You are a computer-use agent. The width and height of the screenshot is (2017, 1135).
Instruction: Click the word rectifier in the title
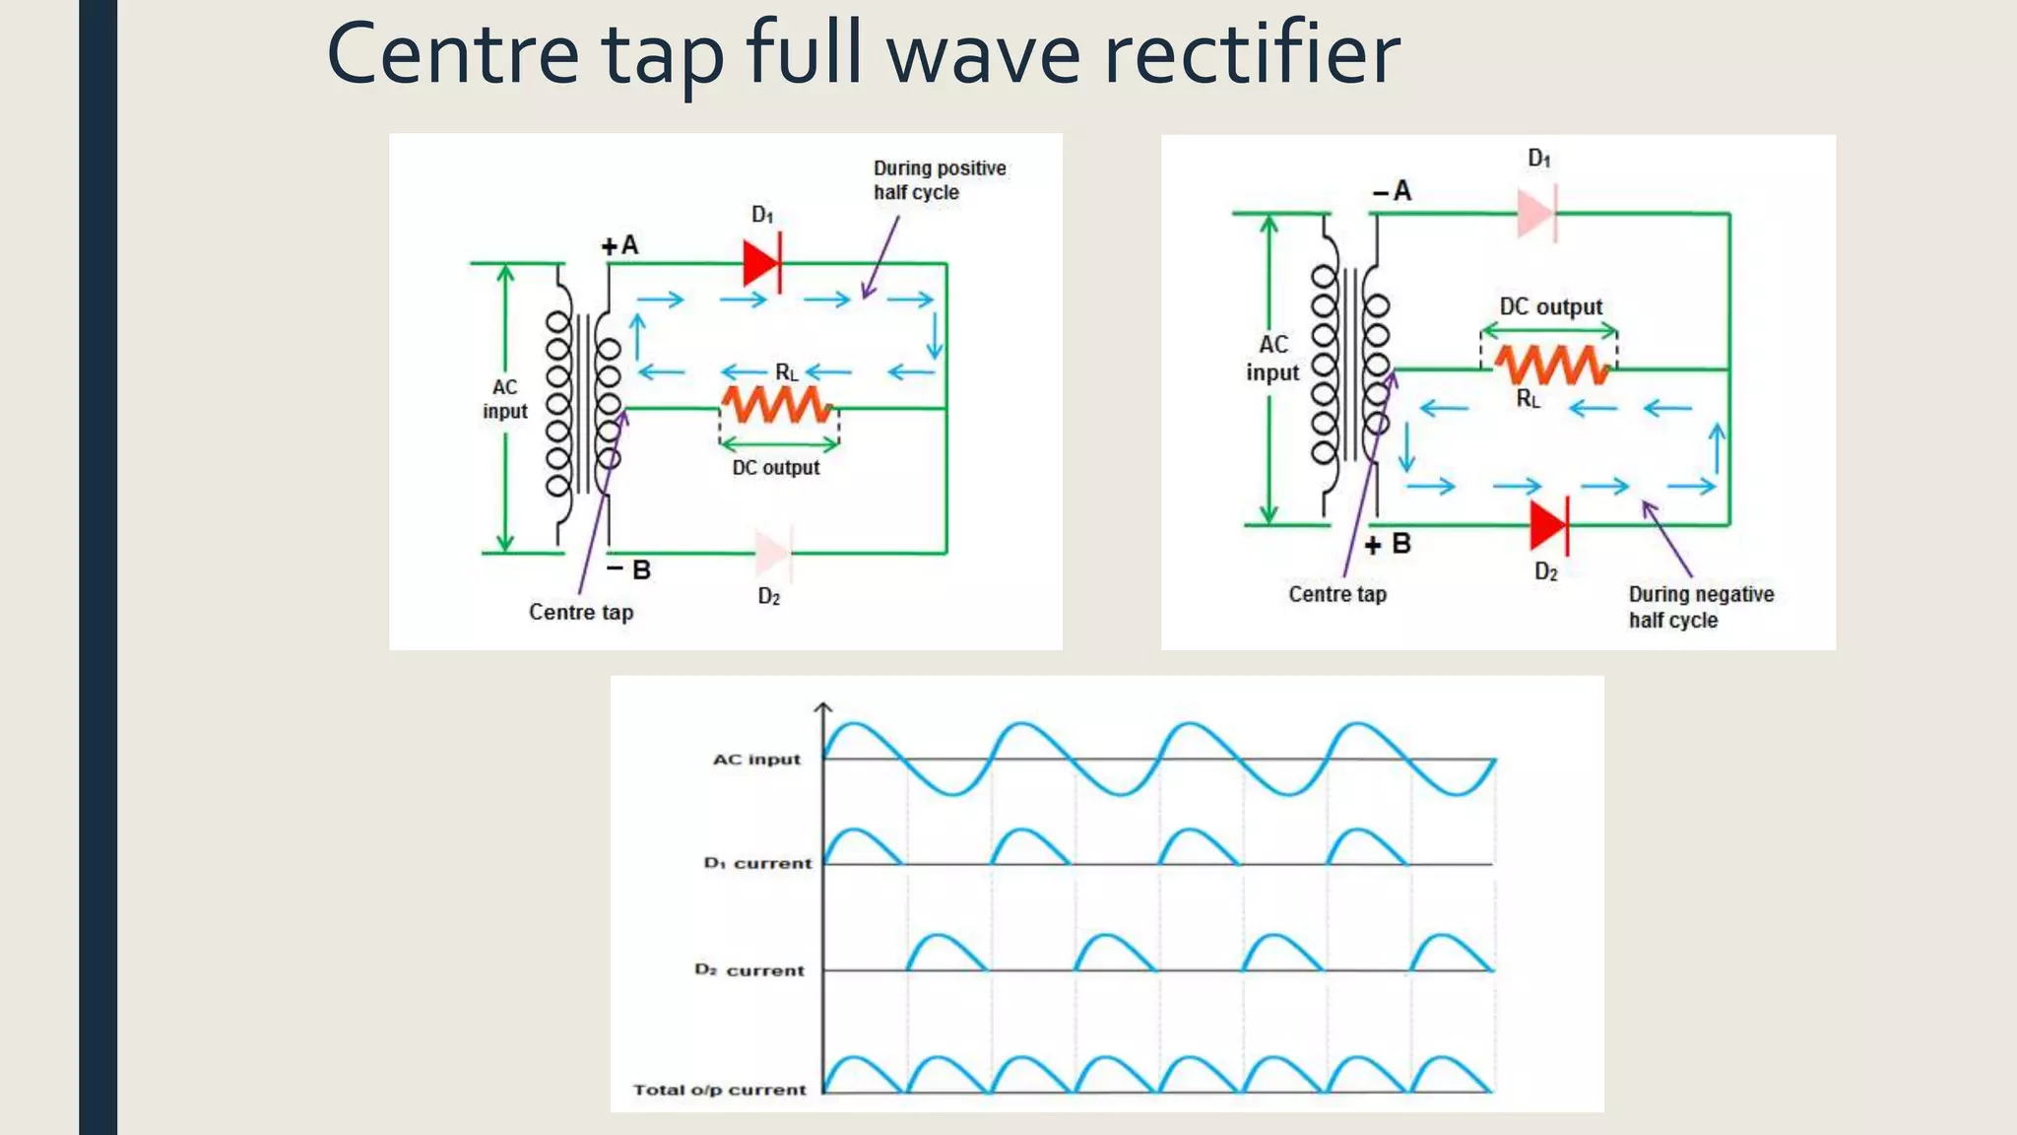coord(1251,54)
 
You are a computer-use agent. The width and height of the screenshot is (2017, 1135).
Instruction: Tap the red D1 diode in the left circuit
coord(762,263)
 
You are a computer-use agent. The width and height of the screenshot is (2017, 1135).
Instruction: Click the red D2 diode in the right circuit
coord(1548,526)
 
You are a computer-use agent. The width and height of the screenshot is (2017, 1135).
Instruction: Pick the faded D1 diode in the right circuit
coord(1536,214)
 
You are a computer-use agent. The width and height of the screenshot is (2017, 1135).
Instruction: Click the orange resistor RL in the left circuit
coord(777,405)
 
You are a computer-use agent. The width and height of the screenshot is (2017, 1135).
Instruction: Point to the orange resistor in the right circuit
coord(1552,367)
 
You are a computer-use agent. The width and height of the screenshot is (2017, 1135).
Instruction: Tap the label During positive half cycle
coord(939,180)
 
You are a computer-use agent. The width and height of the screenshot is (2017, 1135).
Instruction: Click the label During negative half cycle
coord(1700,607)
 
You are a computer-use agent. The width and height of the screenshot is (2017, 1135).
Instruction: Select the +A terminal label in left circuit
coord(620,245)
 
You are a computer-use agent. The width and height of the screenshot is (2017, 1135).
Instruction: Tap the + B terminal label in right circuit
coord(1388,544)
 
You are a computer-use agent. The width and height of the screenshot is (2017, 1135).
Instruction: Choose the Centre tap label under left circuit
coord(581,612)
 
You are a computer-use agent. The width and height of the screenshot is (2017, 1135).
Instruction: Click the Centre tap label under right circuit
coord(1337,594)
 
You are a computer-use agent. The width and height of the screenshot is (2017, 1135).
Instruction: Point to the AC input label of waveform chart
coord(756,760)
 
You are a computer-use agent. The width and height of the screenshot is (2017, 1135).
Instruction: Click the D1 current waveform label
coord(757,863)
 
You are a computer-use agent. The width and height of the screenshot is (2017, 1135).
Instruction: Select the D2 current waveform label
coord(749,970)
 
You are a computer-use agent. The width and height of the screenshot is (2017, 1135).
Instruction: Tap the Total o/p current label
coord(719,1090)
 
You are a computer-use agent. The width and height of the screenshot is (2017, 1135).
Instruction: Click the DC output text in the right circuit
coord(1550,306)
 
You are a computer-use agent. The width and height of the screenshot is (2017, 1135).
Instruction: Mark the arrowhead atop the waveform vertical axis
coord(823,706)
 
